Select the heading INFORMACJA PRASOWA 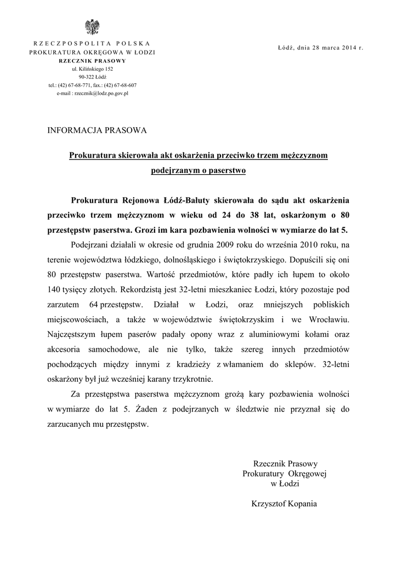point(98,130)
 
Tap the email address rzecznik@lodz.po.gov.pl point(92,94)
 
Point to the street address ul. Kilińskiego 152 point(92,69)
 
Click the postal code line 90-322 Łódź point(92,77)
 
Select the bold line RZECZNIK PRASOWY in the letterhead point(92,61)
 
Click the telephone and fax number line point(92,85)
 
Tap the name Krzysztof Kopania point(285,503)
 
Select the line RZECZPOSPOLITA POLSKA point(92,43)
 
